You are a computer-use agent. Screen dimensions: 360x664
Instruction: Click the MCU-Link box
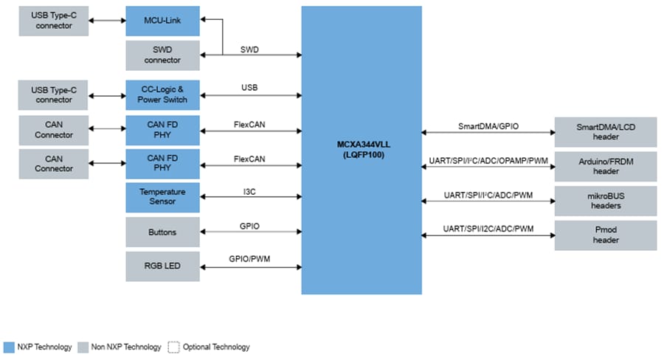[162, 21]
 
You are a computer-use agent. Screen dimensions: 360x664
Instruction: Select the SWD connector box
[162, 55]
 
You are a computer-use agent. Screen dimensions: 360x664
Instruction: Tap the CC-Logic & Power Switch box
[162, 94]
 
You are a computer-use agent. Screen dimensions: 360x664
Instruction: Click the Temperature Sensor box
[162, 197]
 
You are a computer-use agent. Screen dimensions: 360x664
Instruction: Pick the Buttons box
[162, 232]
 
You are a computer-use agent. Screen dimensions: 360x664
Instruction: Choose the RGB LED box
[162, 266]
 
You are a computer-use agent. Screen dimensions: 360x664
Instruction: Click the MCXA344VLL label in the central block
[362, 145]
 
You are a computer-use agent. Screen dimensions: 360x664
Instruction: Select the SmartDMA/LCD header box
[606, 132]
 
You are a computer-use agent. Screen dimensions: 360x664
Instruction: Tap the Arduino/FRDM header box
[606, 166]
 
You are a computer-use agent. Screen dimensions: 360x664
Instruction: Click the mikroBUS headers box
[606, 201]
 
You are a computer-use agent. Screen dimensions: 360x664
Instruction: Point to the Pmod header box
[606, 235]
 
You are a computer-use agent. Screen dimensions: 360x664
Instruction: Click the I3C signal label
[249, 191]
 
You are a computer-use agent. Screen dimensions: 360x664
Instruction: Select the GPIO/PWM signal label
[249, 260]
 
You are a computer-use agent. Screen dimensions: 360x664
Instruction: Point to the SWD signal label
[249, 49]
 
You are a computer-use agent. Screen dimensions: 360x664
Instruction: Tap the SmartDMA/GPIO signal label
[488, 126]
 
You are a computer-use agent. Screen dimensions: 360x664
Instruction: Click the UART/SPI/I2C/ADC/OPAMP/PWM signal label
[488, 160]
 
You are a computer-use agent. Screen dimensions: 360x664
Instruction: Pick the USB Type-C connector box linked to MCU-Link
[55, 21]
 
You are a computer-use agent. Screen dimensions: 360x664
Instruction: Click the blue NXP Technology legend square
[9, 347]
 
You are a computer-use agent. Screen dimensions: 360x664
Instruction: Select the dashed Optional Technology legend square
[173, 347]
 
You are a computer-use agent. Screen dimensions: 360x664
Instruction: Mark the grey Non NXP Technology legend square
[84, 347]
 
